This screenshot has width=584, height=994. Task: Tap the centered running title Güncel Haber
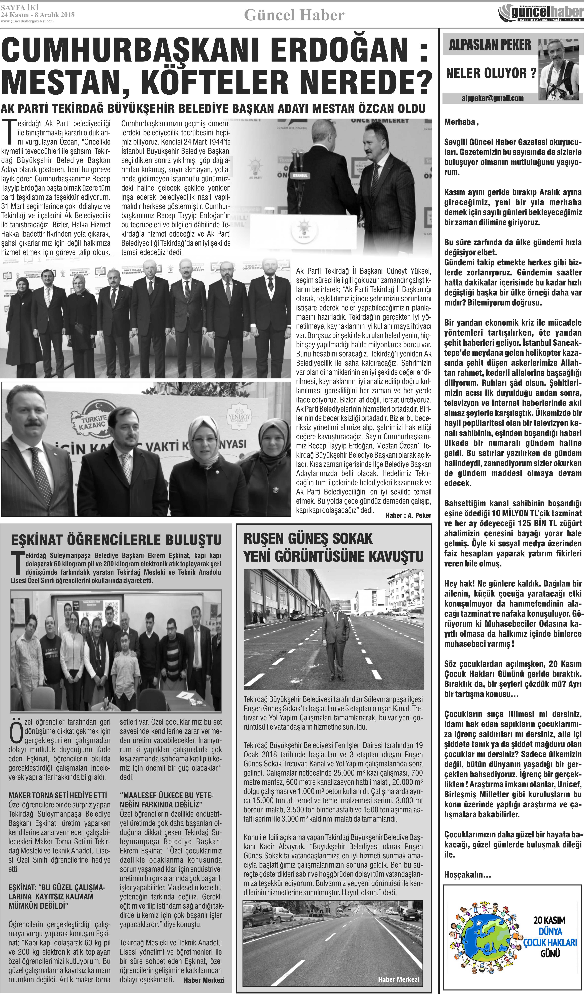point(294,15)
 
